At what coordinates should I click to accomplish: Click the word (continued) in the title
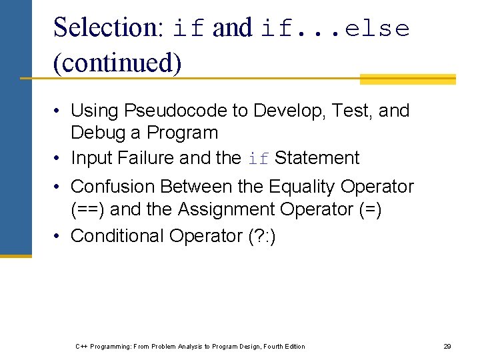click(117, 63)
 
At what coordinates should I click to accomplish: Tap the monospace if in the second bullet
click(258, 159)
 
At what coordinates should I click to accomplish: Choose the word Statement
click(317, 158)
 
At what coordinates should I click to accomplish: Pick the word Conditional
click(117, 236)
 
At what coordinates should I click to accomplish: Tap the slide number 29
click(447, 346)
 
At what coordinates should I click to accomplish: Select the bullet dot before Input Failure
click(59, 159)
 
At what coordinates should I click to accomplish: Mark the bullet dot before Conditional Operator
click(59, 236)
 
